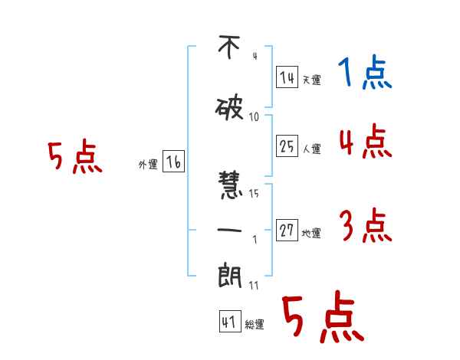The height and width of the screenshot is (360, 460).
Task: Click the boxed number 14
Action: point(287,77)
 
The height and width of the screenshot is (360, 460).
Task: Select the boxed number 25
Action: point(287,147)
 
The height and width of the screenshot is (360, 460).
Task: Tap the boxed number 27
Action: point(287,231)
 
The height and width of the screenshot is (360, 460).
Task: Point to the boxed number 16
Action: point(174,162)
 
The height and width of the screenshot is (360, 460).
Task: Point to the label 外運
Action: point(148,164)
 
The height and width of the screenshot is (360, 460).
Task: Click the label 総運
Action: point(254,325)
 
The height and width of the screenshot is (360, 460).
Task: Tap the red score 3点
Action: point(364,226)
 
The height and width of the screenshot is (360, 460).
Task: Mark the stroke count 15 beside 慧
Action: point(254,193)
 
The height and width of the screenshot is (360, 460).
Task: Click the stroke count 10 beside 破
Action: point(254,116)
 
